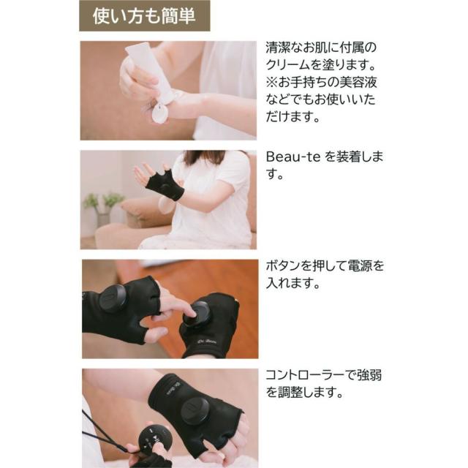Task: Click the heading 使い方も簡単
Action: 144,16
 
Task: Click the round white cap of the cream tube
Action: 159,114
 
